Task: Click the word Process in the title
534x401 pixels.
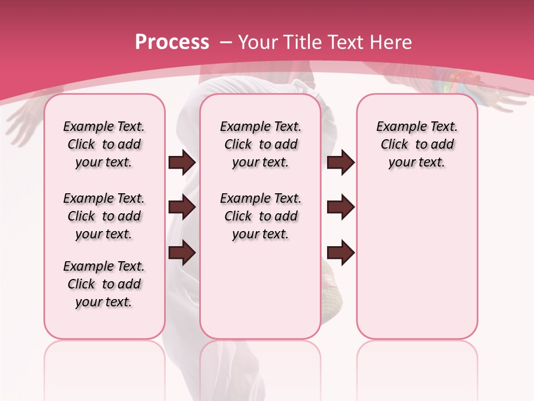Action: pyautogui.click(x=172, y=42)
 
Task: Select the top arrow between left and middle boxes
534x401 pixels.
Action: pyautogui.click(x=182, y=163)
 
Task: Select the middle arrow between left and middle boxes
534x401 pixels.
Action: pyautogui.click(x=182, y=207)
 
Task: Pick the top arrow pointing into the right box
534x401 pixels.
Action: pyautogui.click(x=340, y=163)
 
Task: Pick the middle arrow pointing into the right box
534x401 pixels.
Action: pyautogui.click(x=340, y=207)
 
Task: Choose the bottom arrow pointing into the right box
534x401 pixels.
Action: pyautogui.click(x=340, y=252)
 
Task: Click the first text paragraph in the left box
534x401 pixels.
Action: pyautogui.click(x=104, y=144)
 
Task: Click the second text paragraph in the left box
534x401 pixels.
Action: pyautogui.click(x=104, y=216)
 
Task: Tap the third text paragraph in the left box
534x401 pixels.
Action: pyautogui.click(x=104, y=284)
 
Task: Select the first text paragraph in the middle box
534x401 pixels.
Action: pyautogui.click(x=260, y=144)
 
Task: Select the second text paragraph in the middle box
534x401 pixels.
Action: pyautogui.click(x=260, y=216)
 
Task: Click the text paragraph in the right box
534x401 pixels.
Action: pyautogui.click(x=417, y=144)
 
